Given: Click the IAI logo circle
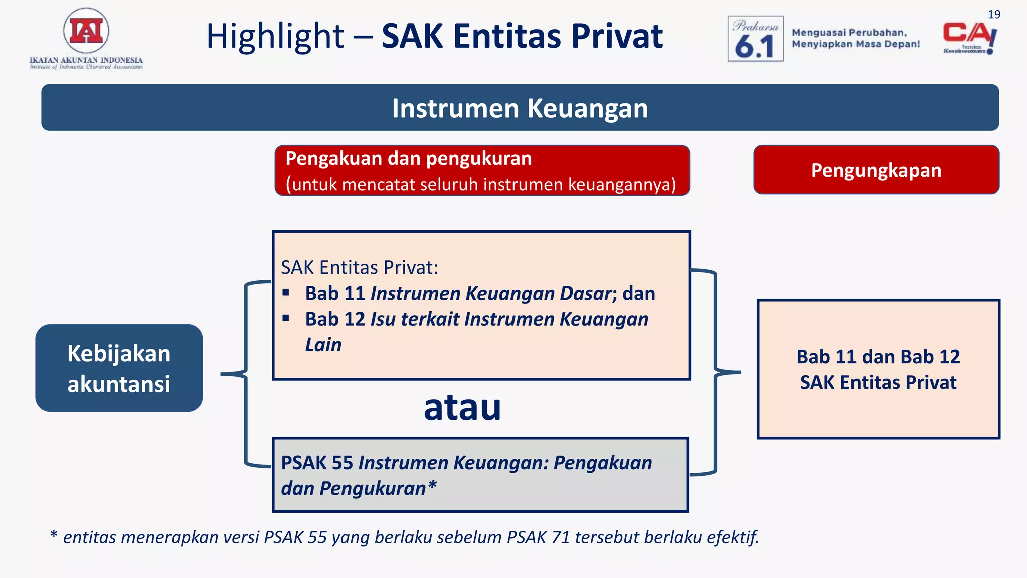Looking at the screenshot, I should point(86,31).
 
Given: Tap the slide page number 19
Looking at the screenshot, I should point(994,15).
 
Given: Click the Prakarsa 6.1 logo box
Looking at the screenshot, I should point(755,39).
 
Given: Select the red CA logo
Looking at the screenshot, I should point(969,35).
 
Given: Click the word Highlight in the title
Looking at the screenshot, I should point(275,37).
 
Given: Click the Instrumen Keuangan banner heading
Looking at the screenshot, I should point(520,108).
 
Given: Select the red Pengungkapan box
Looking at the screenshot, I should point(876,170).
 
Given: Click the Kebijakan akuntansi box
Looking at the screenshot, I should point(119,368).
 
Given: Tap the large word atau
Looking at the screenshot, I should point(462,407).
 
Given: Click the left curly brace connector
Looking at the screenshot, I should point(245,374).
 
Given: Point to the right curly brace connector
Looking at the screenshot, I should point(716,372).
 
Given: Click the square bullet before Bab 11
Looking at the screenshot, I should point(286,293).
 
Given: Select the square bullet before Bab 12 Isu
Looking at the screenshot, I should point(286,318).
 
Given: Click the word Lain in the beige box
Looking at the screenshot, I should point(323,345).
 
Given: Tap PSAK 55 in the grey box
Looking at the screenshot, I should point(317,463).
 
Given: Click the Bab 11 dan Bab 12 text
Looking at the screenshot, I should point(878,357).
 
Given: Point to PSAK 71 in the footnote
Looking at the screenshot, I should point(538,537).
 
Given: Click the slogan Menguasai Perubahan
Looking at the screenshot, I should point(849,33).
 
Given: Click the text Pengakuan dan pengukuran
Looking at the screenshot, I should point(408,159).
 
